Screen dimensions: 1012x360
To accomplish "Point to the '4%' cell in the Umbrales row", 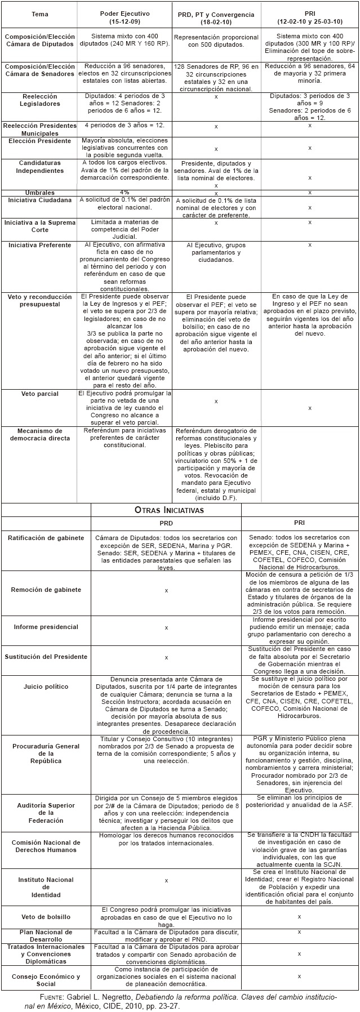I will tap(125, 192).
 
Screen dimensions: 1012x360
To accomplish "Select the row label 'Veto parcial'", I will tap(40, 394).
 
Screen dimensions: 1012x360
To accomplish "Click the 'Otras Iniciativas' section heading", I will tap(169, 510).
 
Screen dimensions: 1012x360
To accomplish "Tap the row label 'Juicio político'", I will tap(46, 686).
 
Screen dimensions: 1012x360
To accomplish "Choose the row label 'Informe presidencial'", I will tap(46, 627).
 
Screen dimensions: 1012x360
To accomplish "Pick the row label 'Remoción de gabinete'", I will tap(46, 590).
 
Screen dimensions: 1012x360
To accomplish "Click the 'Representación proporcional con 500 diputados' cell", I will tap(216, 40).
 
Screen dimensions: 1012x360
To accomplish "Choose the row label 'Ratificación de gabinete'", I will tap(46, 538).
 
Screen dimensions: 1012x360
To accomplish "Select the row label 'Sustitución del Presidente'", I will tap(46, 657).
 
